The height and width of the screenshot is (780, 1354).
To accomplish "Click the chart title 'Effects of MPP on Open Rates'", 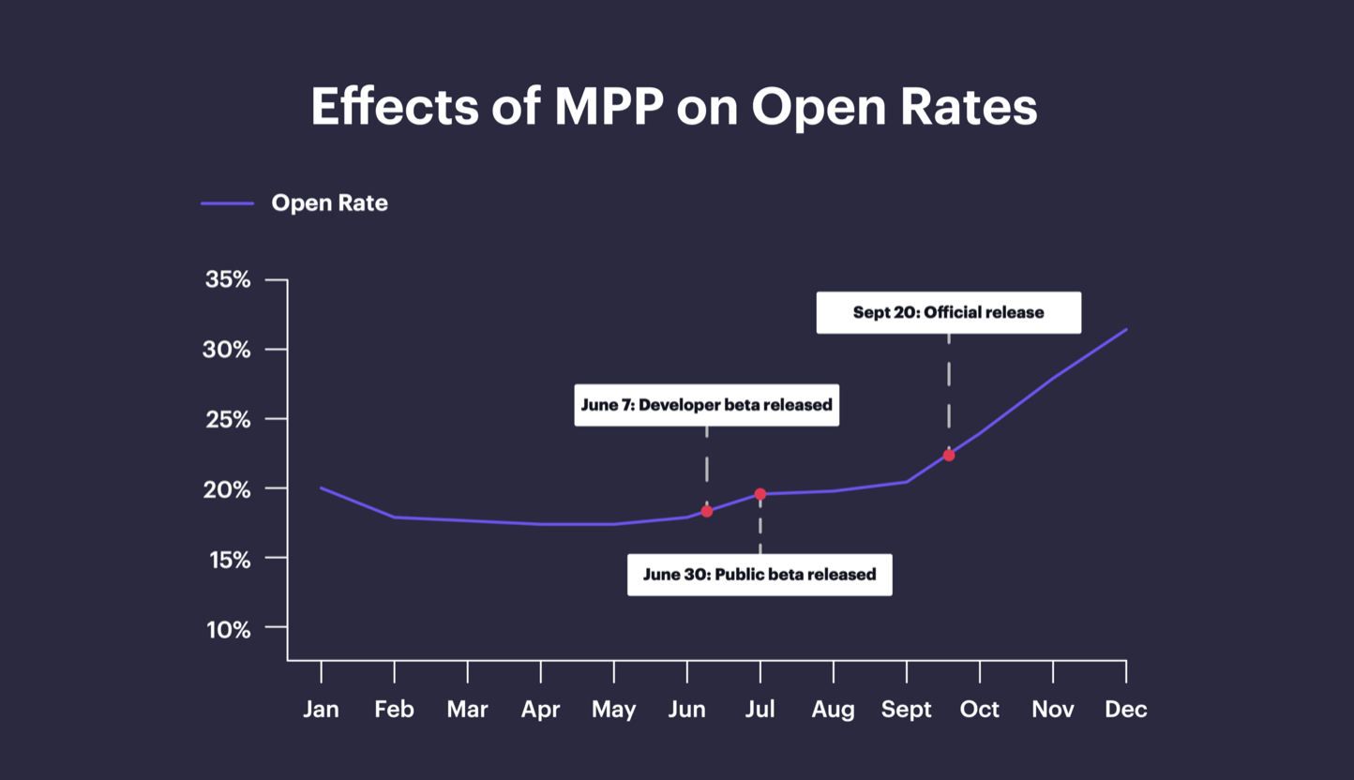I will (674, 107).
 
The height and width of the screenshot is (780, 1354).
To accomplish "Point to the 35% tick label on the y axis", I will (228, 279).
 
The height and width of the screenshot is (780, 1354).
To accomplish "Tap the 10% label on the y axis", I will (228, 629).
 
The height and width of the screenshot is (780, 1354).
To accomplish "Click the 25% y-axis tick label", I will (228, 419).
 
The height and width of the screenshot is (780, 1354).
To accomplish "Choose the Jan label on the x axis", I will (321, 710).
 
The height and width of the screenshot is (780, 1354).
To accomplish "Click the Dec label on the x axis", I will (1125, 710).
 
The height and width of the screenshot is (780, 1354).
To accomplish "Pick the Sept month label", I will (906, 710).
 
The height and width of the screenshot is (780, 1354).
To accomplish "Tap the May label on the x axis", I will (613, 710).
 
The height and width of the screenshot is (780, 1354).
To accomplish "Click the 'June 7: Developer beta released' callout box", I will (706, 405).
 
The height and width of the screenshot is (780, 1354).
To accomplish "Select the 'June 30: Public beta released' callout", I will (760, 575).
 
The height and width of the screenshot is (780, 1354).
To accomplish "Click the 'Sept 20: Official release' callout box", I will (948, 312).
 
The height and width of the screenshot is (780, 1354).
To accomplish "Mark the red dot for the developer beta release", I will (707, 511).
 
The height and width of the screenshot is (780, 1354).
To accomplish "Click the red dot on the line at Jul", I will (760, 494).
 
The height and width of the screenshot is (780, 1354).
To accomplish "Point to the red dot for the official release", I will (949, 455).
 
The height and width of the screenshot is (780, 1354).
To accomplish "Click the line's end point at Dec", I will (1125, 330).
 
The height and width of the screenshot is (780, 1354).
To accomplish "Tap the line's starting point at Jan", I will (322, 487).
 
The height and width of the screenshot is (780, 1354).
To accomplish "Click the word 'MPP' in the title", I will (609, 107).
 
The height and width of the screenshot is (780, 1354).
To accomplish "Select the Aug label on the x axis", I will (833, 710).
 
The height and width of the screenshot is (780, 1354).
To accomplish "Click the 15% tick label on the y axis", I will (228, 560).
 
